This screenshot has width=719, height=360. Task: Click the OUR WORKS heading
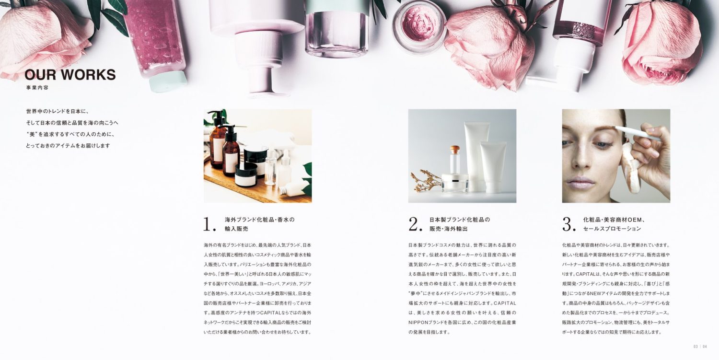(70, 74)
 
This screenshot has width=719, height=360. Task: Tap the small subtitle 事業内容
(37, 88)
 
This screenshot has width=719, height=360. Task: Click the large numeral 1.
(209, 224)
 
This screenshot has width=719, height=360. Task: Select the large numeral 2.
(415, 224)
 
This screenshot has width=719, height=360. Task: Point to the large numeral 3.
(569, 224)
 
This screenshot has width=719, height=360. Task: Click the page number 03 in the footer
(696, 347)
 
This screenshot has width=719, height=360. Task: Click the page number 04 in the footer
(705, 347)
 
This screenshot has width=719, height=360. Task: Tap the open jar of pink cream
(419, 26)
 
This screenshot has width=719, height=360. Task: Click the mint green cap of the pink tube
(168, 82)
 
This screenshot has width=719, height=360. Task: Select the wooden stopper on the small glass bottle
(454, 150)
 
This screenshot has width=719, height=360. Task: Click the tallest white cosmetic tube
(476, 156)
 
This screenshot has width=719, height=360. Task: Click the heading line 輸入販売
(237, 229)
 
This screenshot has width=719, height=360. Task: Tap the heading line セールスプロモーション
(612, 229)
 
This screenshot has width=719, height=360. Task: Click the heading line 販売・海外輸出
(448, 229)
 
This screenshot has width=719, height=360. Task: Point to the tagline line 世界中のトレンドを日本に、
(57, 111)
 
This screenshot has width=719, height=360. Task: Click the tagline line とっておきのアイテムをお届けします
(68, 145)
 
